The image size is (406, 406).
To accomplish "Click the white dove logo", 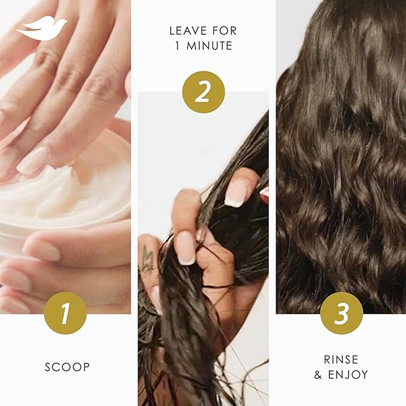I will click(x=42, y=28).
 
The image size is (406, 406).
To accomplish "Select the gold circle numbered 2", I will click(x=203, y=91).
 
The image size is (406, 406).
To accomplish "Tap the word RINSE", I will click(x=341, y=359).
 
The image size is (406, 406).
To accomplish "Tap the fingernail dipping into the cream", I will click(x=33, y=161).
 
